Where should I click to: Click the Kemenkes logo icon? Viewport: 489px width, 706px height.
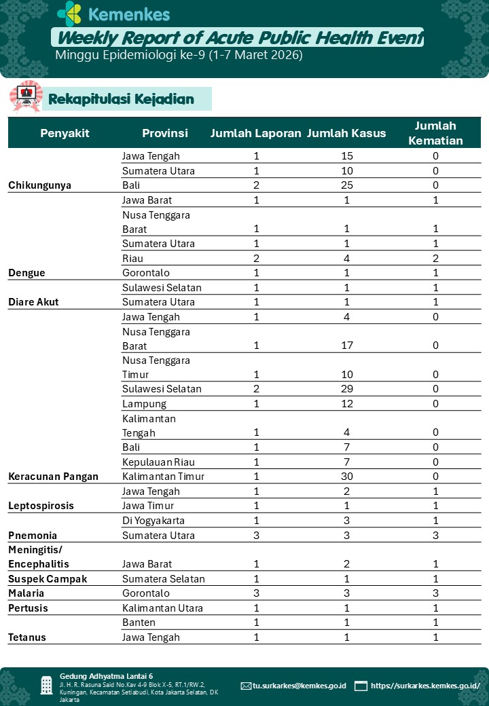(69, 14)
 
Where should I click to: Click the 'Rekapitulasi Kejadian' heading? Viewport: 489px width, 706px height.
(121, 100)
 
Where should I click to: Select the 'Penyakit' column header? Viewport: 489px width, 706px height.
(65, 133)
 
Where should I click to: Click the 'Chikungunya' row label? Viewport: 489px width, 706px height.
(39, 185)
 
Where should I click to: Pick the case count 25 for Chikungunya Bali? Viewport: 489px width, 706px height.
(347, 185)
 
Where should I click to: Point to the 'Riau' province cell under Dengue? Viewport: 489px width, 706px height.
(132, 258)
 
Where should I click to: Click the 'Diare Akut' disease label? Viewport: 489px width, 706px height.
(33, 302)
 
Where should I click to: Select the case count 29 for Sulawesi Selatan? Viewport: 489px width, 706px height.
(347, 389)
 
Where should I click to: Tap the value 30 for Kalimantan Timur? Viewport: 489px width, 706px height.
(347, 477)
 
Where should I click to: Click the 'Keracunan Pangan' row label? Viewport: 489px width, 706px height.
(53, 477)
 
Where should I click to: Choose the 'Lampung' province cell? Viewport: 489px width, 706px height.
(144, 404)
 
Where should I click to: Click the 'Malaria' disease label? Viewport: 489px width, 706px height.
(26, 593)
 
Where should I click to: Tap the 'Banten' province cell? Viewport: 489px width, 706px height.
(139, 623)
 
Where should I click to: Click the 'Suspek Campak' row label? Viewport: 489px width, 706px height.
(48, 579)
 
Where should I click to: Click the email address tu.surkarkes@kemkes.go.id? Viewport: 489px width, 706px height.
(299, 686)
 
